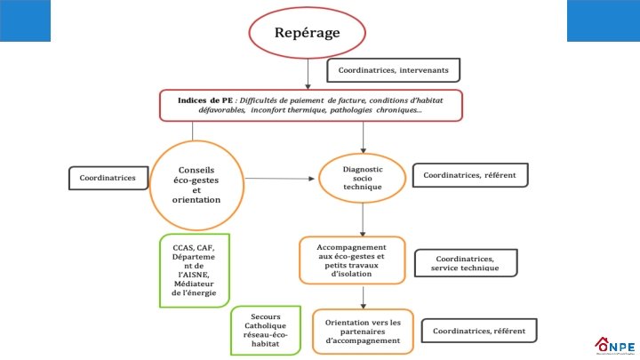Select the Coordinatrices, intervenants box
[x=393, y=69]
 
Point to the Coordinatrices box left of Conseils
[x=108, y=178]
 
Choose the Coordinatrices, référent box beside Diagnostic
[x=470, y=175]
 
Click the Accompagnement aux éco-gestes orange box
[x=351, y=260]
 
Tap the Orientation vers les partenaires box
[x=363, y=328]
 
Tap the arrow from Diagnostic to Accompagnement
[x=363, y=218]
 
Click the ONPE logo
[x=612, y=344]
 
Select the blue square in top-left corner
[x=25, y=20]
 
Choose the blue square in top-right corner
[x=603, y=20]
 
